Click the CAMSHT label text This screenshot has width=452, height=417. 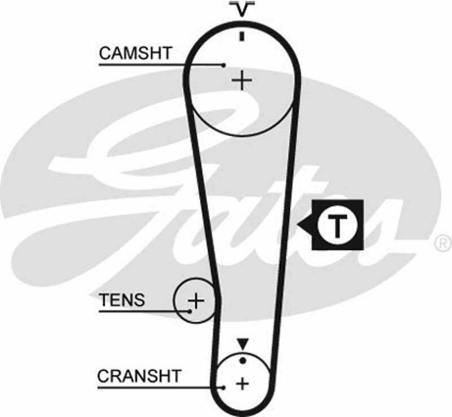pyautogui.click(x=135, y=54)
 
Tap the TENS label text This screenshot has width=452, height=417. pyautogui.click(x=121, y=300)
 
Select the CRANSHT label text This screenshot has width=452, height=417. pyautogui.click(x=139, y=376)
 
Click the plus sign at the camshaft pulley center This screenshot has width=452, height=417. pyautogui.click(x=242, y=81)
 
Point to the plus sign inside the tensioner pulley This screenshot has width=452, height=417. pyautogui.click(x=195, y=301)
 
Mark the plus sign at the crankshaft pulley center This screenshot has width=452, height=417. pyautogui.click(x=242, y=384)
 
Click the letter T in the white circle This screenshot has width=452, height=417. pyautogui.click(x=337, y=225)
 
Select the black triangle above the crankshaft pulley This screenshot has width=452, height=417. pyautogui.click(x=242, y=343)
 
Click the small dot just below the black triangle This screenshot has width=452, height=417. pyautogui.click(x=242, y=359)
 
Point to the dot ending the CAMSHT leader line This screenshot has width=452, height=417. pyautogui.click(x=224, y=65)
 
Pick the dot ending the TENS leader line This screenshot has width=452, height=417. pyautogui.click(x=189, y=310)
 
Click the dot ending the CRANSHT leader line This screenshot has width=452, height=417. pyautogui.click(x=224, y=387)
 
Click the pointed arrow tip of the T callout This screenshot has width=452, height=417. pyautogui.click(x=300, y=226)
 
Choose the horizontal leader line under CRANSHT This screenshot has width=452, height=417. pyautogui.click(x=158, y=387)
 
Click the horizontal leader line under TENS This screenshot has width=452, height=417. pyautogui.click(x=141, y=310)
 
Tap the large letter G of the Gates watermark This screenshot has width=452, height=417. pyautogui.click(x=141, y=169)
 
